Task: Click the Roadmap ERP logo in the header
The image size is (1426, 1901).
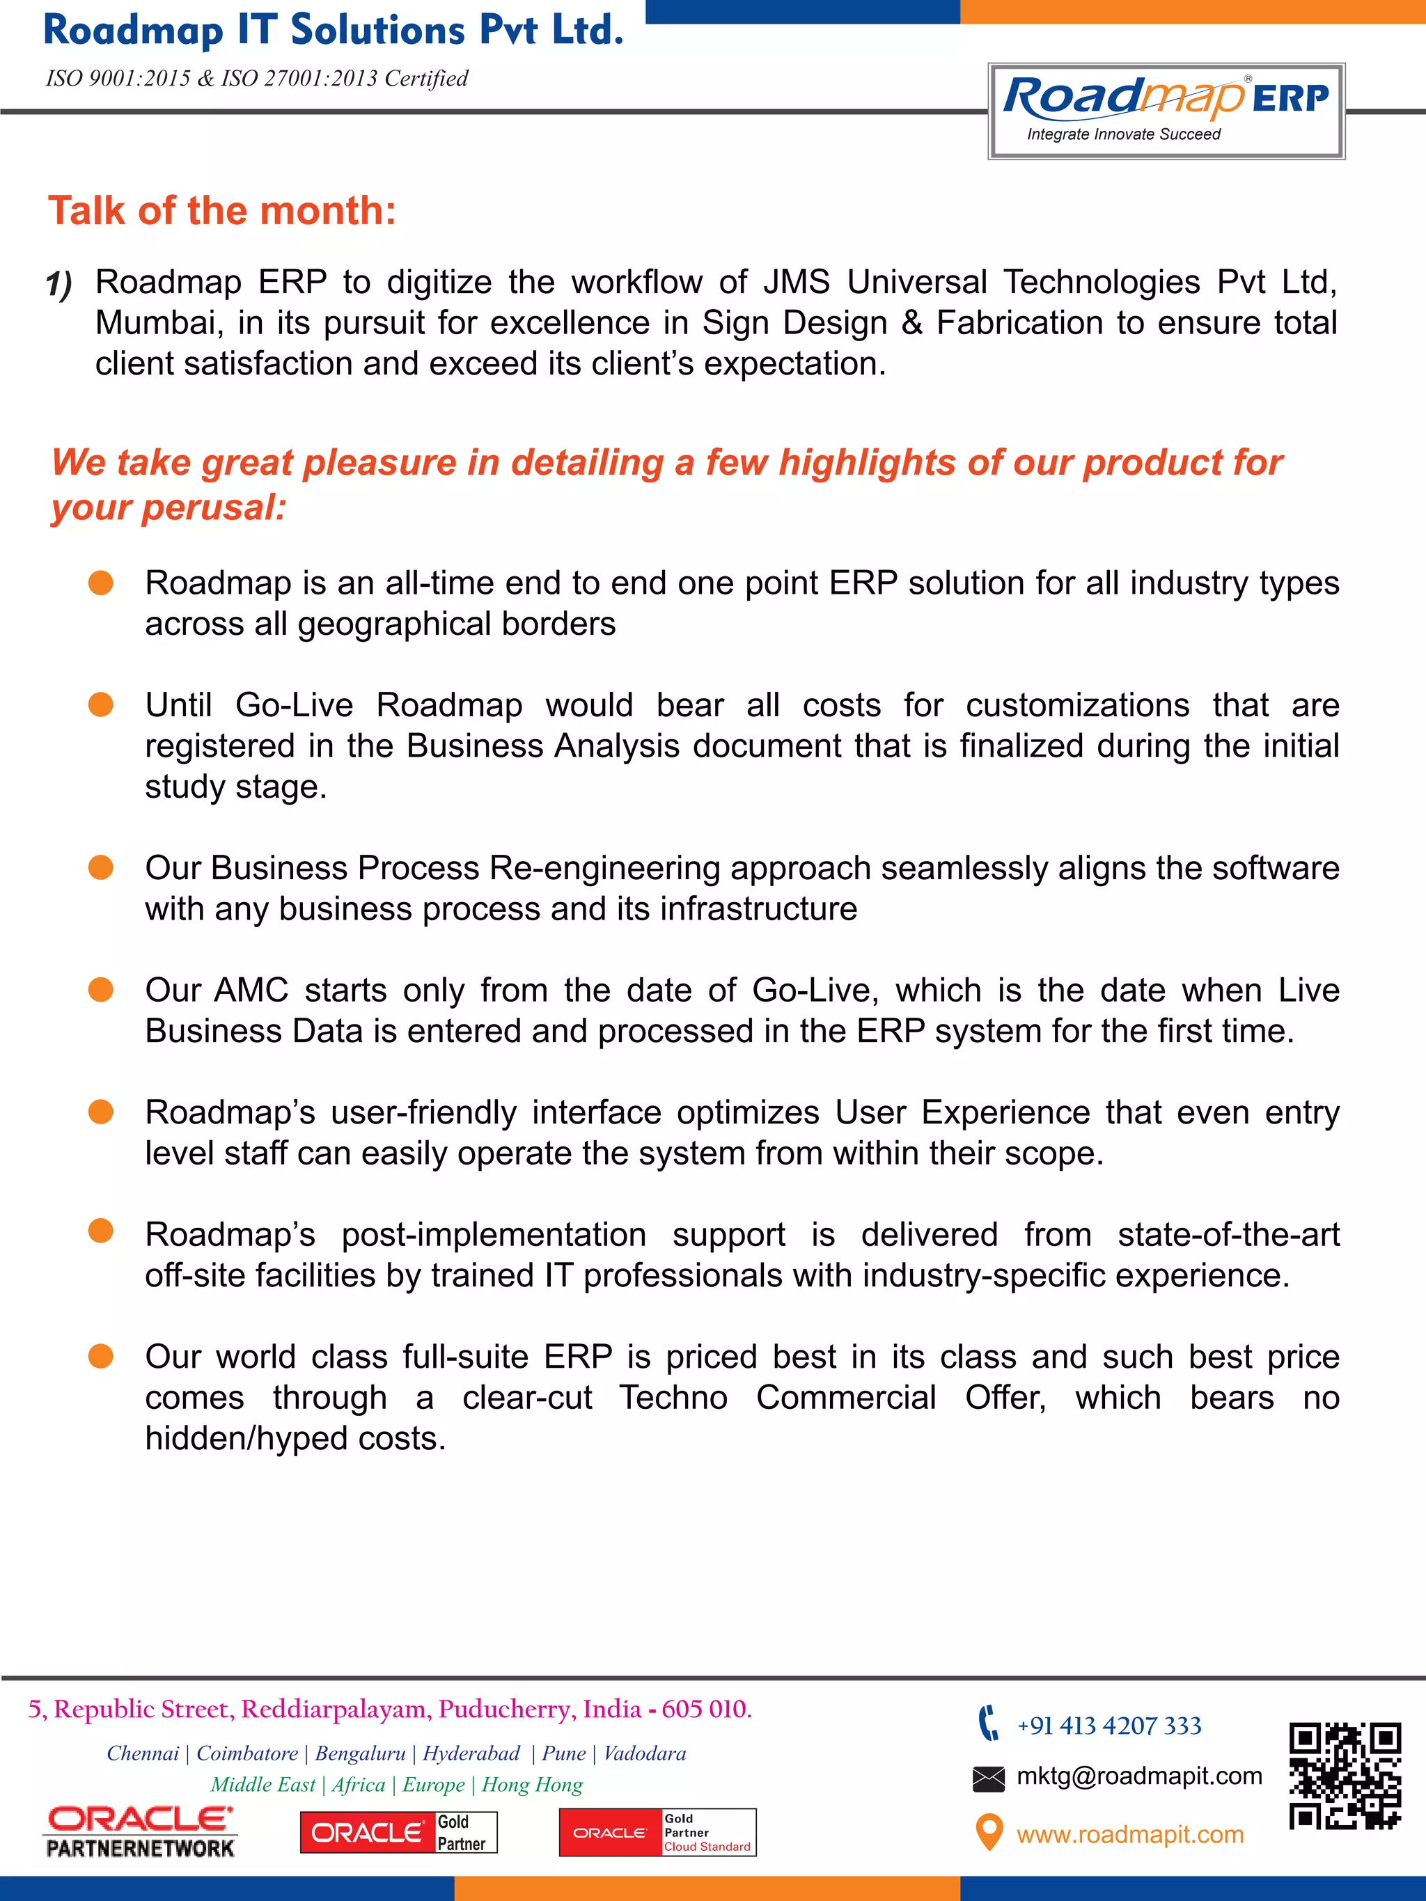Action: [1166, 110]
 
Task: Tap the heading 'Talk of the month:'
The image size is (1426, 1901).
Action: [221, 210]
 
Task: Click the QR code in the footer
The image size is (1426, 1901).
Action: [1345, 1776]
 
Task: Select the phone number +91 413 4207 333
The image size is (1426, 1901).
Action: [1108, 1725]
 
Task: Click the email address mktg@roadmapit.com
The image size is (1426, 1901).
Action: [1139, 1776]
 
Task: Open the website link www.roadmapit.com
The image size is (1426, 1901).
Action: [1129, 1834]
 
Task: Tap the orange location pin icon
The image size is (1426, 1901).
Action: [989, 1831]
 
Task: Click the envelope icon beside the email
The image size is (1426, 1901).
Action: [989, 1778]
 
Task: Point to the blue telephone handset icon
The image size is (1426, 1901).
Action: [989, 1722]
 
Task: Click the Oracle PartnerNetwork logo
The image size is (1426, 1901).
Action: [140, 1831]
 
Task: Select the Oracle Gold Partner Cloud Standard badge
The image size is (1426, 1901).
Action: [657, 1832]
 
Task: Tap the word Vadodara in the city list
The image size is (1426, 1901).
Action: [645, 1753]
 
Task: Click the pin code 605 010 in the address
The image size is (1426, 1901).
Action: [706, 1710]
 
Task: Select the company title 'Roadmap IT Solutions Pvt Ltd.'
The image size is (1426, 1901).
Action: [333, 30]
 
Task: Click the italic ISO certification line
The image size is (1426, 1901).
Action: [256, 78]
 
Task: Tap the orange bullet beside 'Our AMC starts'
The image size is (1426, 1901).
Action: [100, 990]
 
